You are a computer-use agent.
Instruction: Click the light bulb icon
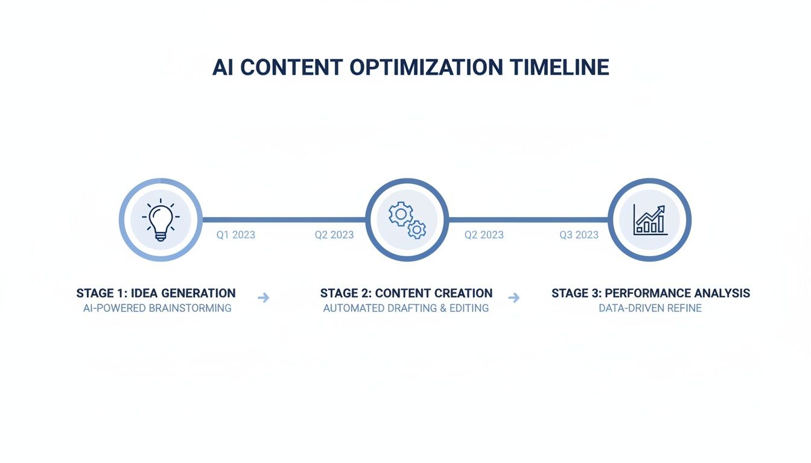[x=161, y=220]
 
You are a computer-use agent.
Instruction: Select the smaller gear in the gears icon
[x=416, y=229]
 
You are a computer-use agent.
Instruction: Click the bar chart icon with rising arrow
[x=650, y=220]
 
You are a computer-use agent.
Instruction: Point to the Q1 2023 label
[x=236, y=235]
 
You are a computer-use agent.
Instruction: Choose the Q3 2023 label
[x=579, y=235]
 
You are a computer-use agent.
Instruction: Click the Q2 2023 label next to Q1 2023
[x=334, y=235]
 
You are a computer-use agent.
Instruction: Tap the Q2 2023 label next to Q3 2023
[x=484, y=235]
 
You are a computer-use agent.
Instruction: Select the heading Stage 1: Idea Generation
[x=156, y=294]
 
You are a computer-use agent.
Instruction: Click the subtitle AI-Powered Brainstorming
[x=157, y=308]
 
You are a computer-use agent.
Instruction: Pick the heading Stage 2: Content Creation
[x=406, y=294]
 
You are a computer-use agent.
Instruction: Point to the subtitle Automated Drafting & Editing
[x=406, y=308]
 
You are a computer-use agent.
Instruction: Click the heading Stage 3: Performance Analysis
[x=650, y=294]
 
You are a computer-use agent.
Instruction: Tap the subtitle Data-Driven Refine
[x=650, y=308]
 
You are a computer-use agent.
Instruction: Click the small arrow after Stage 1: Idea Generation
[x=263, y=297]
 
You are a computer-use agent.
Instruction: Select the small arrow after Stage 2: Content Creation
[x=514, y=297]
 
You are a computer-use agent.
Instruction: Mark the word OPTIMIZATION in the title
[x=426, y=68]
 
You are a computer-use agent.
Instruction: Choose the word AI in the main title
[x=223, y=68]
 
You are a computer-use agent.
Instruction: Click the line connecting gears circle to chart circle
[x=528, y=219]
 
